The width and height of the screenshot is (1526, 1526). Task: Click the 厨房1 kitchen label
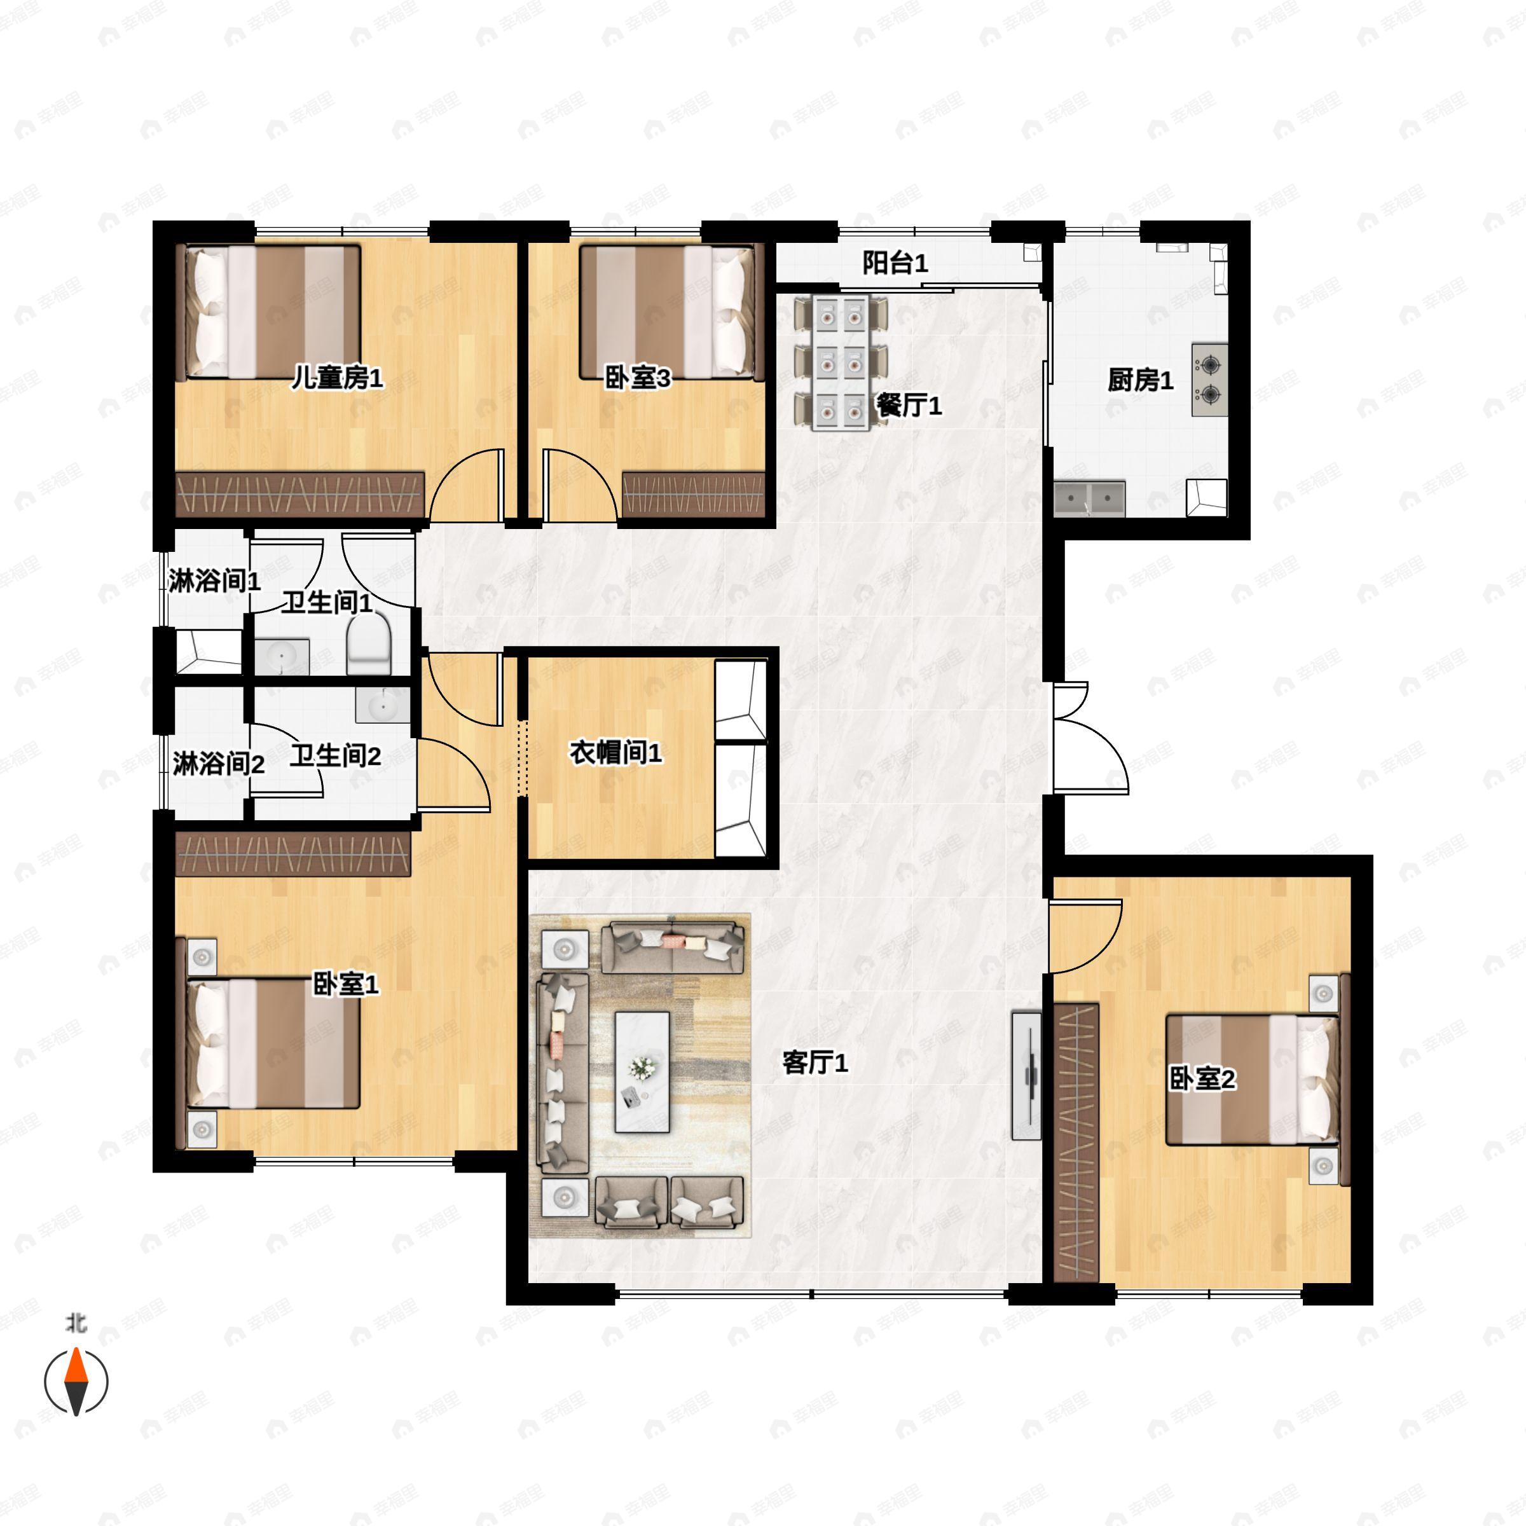coord(1140,381)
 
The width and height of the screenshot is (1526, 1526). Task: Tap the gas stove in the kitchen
coord(1209,379)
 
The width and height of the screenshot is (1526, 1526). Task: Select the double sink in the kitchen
coord(1089,499)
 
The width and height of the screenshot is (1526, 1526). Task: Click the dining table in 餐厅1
coord(841,362)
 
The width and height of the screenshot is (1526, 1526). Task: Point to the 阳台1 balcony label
coord(895,263)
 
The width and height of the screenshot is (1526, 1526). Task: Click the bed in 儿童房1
coord(273,312)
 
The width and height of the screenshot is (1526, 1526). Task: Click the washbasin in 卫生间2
coord(382,704)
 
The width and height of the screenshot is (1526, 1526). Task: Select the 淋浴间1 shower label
coord(214,581)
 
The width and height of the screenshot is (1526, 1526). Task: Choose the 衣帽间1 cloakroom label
coord(615,753)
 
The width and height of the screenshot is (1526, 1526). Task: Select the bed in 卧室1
coord(273,1044)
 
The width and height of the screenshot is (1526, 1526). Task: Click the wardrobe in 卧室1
coord(293,853)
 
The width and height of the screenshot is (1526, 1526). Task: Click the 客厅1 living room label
coord(815,1063)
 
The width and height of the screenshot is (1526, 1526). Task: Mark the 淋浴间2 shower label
coord(218,764)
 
